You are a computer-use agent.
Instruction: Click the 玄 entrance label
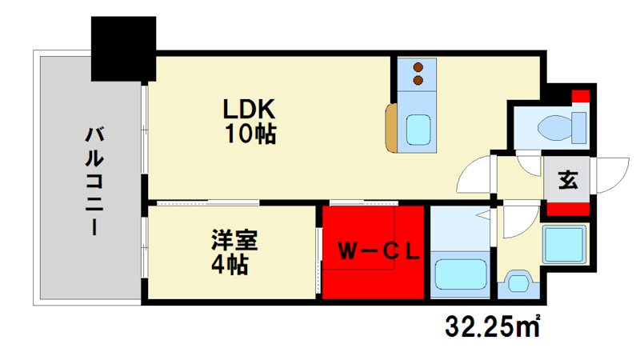(567, 180)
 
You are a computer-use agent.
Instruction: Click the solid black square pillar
(123, 48)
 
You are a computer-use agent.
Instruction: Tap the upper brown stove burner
(417, 67)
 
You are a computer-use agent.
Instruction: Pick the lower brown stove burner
(417, 80)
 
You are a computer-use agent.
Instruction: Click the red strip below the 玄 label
(567, 210)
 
